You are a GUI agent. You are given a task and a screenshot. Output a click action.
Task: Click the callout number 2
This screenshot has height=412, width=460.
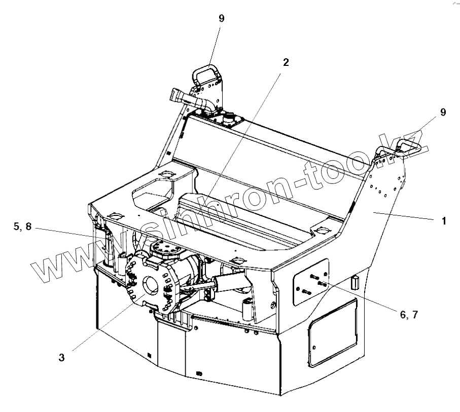(286, 62)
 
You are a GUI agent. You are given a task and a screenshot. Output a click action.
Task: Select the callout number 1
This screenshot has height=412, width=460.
(444, 221)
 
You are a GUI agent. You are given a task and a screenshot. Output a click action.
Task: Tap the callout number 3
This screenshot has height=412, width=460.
(61, 357)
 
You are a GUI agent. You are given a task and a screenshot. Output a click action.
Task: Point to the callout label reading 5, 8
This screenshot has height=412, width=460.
(22, 227)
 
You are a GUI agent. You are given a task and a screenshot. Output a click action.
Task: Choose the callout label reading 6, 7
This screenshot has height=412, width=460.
(409, 314)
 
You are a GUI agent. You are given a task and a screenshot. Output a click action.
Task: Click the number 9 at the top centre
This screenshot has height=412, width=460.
(222, 18)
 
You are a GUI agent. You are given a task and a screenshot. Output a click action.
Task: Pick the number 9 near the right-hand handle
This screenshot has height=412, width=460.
(443, 113)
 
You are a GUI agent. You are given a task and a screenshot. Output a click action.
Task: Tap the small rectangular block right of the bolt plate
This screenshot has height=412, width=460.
(354, 282)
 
